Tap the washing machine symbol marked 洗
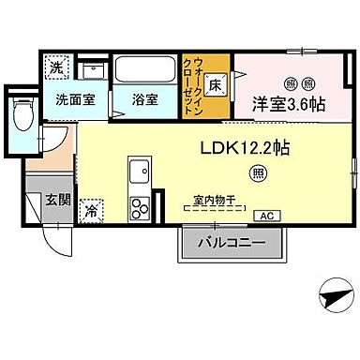[56, 67]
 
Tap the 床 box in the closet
[217, 84]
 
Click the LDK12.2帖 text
[244, 146]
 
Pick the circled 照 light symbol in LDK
[256, 172]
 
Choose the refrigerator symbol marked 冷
[93, 211]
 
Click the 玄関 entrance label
[55, 200]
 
